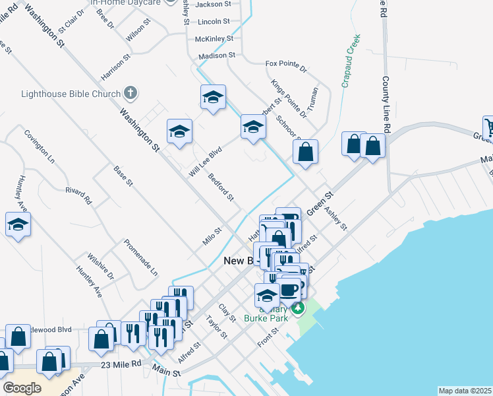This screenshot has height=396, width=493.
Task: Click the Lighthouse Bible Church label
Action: point(72,94)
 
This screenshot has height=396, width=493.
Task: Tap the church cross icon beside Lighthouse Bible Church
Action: point(130,93)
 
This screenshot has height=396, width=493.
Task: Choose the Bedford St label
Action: point(221,187)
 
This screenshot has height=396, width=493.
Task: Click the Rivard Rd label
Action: point(78,195)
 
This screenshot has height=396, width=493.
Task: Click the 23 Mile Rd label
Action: point(122,364)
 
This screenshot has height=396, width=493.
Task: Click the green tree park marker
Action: point(299,308)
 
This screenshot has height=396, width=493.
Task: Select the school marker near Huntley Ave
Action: point(18,225)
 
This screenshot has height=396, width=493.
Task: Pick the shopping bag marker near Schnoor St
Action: point(305,152)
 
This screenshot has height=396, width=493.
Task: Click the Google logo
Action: point(22,388)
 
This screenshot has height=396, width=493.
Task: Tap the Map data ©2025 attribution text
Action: point(465,391)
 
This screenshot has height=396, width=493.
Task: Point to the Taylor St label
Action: point(216,326)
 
